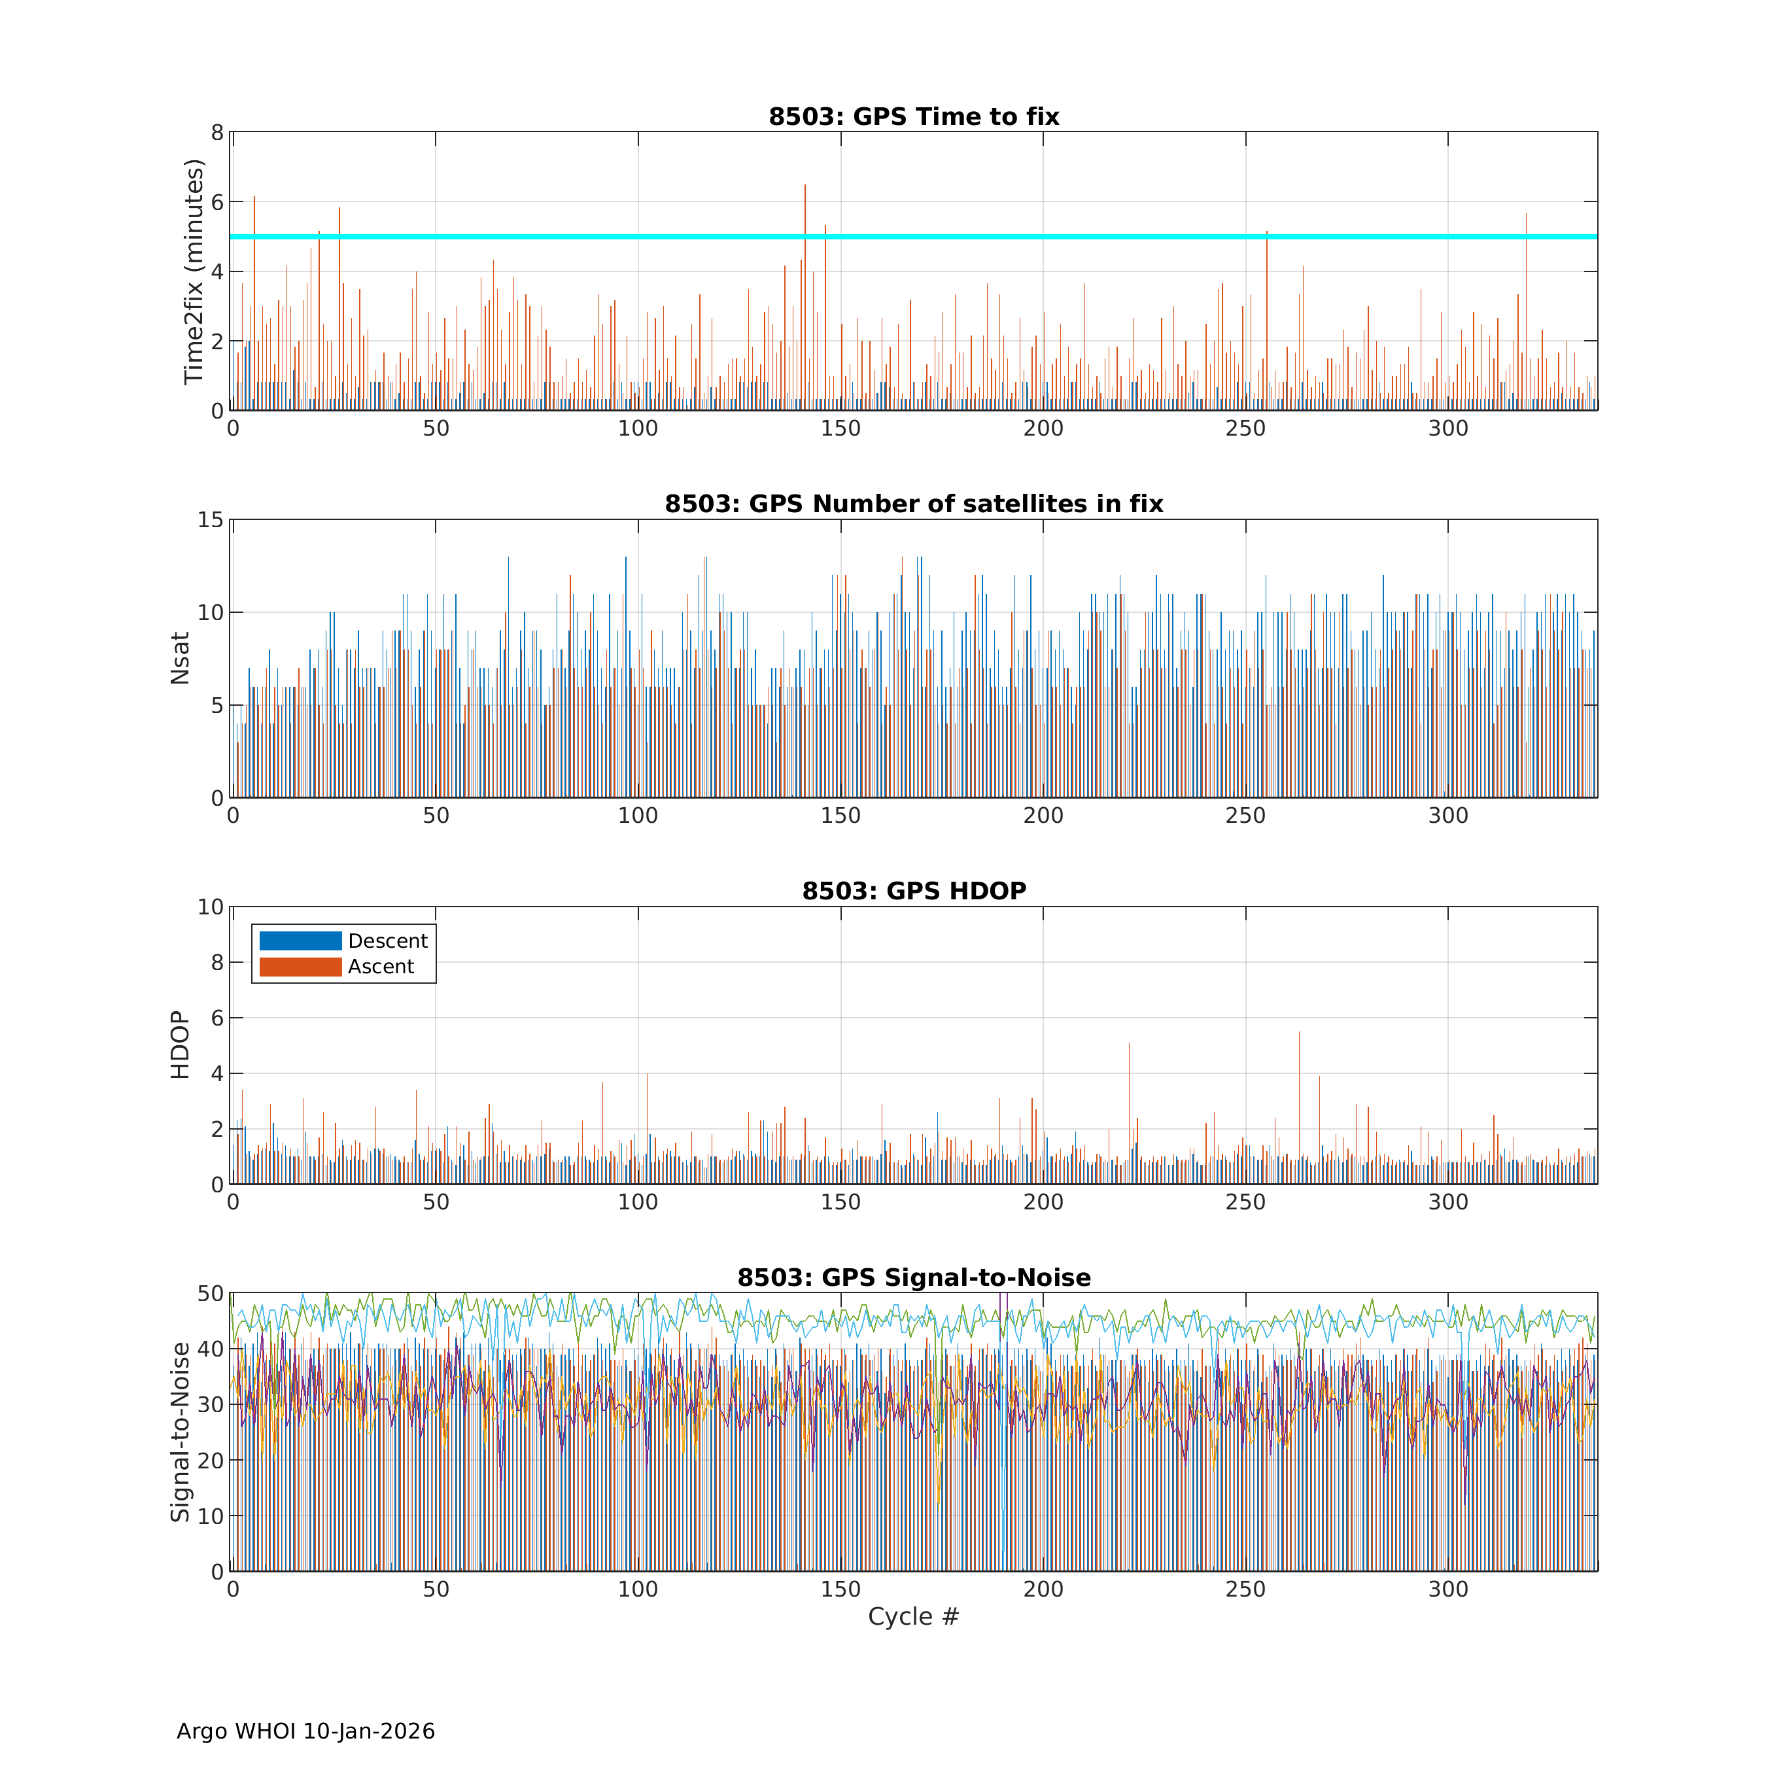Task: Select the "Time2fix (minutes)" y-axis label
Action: click(x=193, y=271)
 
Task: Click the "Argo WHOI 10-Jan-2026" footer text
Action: click(x=305, y=1731)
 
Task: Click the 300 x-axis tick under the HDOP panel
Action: click(x=1448, y=1203)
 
